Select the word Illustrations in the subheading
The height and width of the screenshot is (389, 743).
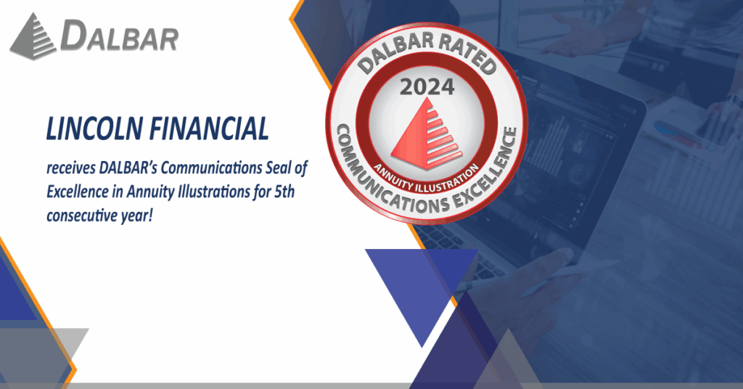(x=214, y=192)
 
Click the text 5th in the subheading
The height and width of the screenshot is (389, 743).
(x=284, y=192)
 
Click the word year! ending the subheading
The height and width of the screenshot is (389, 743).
(x=136, y=216)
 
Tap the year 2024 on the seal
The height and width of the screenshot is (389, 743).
(x=427, y=87)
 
